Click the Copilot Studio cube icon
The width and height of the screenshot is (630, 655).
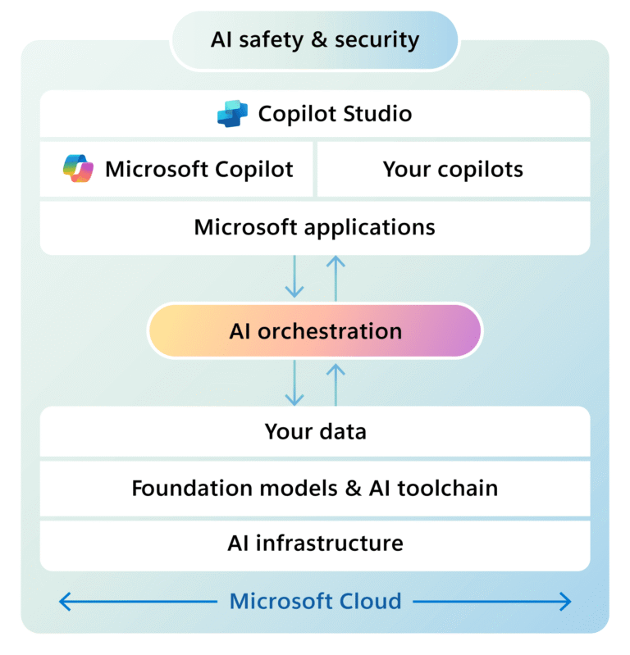click(x=232, y=113)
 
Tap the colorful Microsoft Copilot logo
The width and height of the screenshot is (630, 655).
click(x=79, y=169)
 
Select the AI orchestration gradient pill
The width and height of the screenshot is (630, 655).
click(x=315, y=331)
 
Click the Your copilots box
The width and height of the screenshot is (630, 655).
click(x=453, y=170)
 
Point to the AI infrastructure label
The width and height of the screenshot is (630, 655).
click(x=315, y=543)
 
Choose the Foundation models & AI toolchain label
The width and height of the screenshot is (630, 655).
click(x=315, y=489)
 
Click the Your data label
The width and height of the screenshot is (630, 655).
click(x=315, y=432)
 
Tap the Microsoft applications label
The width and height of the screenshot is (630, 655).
click(x=315, y=226)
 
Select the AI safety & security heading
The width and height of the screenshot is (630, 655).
click(x=315, y=39)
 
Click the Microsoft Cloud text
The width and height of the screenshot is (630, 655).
click(x=315, y=601)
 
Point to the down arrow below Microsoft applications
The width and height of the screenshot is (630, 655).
click(x=294, y=279)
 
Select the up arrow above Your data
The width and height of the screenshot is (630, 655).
click(x=336, y=384)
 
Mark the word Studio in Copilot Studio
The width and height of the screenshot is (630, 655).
click(x=376, y=113)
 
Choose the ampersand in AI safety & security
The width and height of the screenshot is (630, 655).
click(x=316, y=39)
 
